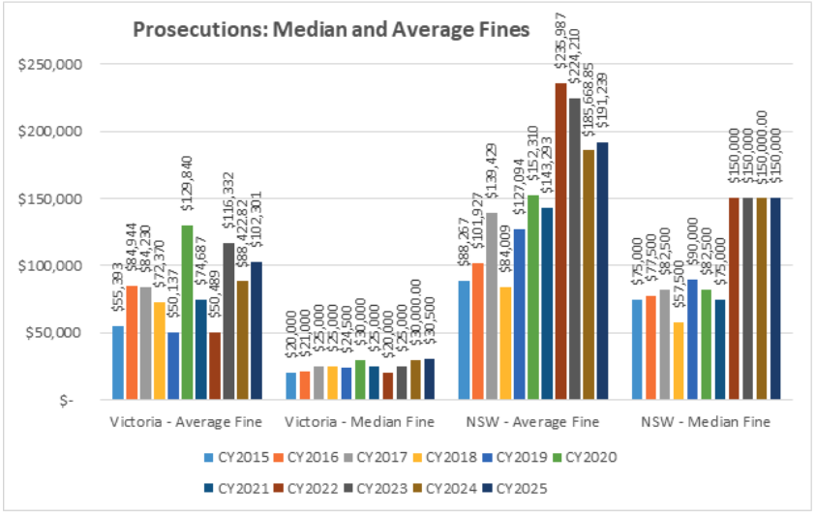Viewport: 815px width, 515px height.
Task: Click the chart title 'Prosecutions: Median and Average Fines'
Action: (330, 30)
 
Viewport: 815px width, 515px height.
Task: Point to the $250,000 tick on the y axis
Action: (60, 65)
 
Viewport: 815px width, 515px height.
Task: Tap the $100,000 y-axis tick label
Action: (60, 265)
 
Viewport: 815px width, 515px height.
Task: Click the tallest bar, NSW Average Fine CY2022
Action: (560, 242)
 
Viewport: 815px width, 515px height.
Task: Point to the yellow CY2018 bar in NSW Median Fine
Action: (679, 360)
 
